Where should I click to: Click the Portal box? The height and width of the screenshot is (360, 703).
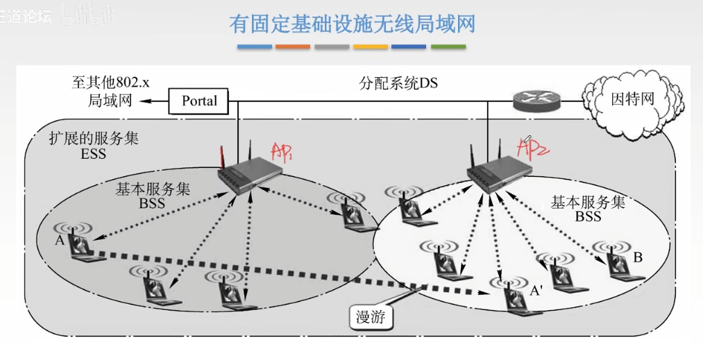199,101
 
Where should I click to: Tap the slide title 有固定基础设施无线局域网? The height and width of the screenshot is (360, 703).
352,24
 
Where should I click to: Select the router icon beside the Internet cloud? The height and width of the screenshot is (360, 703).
536,101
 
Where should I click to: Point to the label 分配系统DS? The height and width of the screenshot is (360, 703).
398,83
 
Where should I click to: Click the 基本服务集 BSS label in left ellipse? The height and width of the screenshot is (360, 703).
153,196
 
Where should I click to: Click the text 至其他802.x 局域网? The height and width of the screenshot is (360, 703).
110,92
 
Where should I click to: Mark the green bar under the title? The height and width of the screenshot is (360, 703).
448,47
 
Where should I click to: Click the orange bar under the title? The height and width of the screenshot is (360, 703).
293,47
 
